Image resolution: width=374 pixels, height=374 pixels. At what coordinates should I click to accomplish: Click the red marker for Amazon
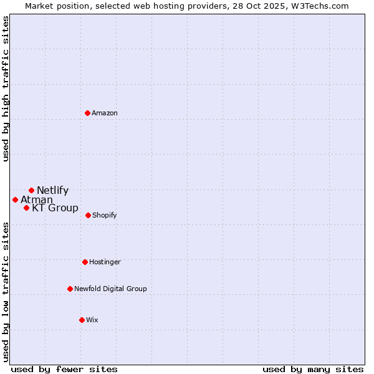click(88, 113)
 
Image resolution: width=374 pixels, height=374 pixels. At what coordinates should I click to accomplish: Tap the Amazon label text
click(105, 113)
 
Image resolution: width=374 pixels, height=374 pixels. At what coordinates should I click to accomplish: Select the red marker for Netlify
click(31, 190)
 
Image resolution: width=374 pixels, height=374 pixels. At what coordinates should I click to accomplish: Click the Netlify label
click(53, 191)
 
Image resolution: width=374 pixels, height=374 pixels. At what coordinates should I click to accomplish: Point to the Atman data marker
click(15, 199)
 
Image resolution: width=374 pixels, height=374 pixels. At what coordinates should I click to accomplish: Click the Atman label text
click(37, 200)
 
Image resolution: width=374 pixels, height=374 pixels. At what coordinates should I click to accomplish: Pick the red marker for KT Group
click(26, 208)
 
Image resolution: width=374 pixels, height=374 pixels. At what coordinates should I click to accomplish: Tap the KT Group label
click(55, 208)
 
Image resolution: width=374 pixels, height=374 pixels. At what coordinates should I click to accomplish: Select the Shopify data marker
click(88, 215)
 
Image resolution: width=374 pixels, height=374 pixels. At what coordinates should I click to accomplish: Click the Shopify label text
click(105, 216)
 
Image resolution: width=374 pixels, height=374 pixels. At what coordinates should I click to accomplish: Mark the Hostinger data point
click(85, 262)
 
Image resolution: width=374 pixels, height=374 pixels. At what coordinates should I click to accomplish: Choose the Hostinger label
click(105, 262)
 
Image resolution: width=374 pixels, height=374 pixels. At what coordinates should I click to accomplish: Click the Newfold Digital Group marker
click(70, 289)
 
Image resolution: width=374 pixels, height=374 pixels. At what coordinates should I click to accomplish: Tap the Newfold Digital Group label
click(111, 289)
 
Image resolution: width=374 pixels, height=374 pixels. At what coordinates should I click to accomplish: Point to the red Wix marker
click(82, 320)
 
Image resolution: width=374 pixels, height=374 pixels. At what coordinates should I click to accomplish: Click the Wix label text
click(92, 320)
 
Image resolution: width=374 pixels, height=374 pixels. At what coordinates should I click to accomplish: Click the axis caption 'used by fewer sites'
click(64, 369)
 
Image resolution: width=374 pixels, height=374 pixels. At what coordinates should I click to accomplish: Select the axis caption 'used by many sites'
click(313, 369)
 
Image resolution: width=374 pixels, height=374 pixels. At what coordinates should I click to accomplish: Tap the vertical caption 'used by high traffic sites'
click(6, 89)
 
